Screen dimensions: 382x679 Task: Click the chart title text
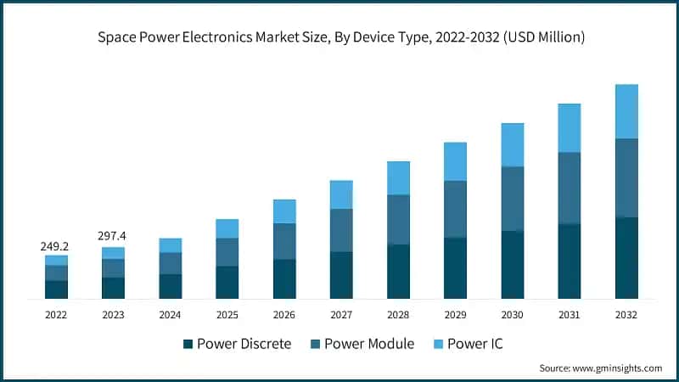(x=339, y=37)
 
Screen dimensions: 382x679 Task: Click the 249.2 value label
(x=55, y=246)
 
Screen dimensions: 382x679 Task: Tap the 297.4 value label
(x=113, y=233)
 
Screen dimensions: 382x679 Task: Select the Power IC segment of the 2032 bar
(x=626, y=111)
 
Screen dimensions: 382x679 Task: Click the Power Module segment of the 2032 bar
(x=626, y=177)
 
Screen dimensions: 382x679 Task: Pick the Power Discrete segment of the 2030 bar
(x=513, y=264)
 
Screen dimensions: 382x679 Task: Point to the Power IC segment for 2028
(x=398, y=178)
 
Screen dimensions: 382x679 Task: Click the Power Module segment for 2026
(x=284, y=241)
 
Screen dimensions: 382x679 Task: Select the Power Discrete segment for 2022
(x=56, y=289)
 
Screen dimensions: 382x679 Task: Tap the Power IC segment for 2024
(x=171, y=245)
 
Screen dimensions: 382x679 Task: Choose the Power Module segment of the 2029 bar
(x=455, y=209)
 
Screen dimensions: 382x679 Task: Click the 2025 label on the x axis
(x=227, y=314)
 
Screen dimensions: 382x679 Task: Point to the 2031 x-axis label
(x=570, y=314)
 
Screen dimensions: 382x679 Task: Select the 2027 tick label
(x=341, y=314)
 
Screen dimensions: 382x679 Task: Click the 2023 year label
(x=113, y=314)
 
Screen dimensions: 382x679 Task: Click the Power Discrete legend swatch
(x=188, y=344)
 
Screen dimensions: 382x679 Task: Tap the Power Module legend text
(x=370, y=344)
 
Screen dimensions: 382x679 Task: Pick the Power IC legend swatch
(x=440, y=344)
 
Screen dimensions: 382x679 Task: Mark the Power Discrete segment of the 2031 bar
(x=570, y=261)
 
